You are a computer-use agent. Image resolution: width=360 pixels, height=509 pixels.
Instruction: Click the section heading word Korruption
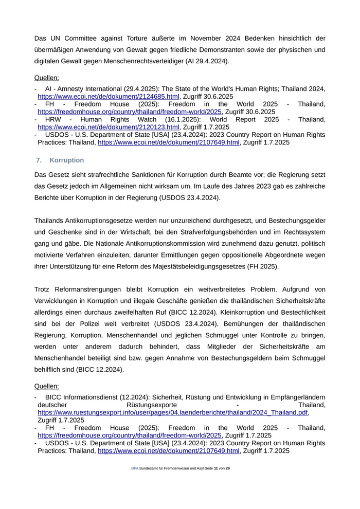(x=66, y=160)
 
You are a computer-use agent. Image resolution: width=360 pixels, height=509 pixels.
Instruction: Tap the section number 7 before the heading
(x=39, y=160)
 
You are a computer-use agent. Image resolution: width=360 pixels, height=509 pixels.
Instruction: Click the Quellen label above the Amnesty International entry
(x=46, y=78)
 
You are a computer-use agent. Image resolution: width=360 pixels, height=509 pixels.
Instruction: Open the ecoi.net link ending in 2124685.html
(x=109, y=96)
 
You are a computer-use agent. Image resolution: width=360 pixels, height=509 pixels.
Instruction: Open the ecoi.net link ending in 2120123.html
(x=109, y=127)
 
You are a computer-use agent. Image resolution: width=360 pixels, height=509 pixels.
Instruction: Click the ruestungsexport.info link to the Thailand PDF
(x=173, y=412)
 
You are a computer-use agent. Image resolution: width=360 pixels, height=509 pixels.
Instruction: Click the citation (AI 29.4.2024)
(x=204, y=61)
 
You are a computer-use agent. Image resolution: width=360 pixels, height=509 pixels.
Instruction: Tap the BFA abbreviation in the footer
(x=135, y=468)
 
